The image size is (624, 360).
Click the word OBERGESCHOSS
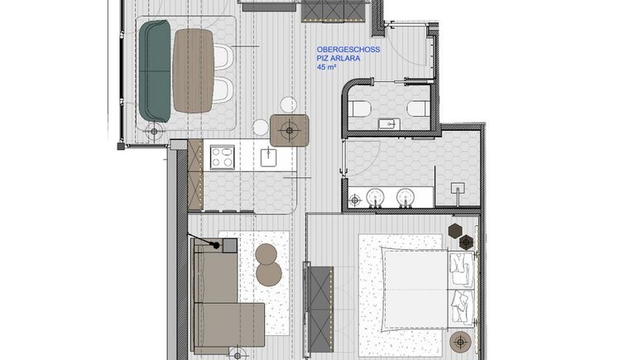coord(348,50)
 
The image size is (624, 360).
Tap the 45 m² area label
coord(326,67)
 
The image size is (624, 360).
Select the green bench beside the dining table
coord(155,71)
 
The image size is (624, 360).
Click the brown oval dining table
coord(194,70)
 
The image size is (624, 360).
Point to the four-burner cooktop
coord(222,157)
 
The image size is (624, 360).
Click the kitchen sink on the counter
coord(269,156)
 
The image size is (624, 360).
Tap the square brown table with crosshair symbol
coord(290,130)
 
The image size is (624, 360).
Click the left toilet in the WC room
coord(360,108)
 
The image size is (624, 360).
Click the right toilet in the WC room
coord(418,108)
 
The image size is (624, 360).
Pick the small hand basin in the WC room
coord(388,123)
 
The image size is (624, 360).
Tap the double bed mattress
coord(416,289)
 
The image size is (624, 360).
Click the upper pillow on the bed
coord(462,269)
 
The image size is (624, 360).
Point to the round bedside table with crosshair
coord(460,341)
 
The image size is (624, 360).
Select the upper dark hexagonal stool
coord(454,231)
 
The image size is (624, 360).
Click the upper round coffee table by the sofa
coord(266,254)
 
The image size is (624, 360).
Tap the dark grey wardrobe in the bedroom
coord(320,309)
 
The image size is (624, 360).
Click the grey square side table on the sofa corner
coord(229,246)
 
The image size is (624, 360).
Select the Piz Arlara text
coord(338,58)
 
